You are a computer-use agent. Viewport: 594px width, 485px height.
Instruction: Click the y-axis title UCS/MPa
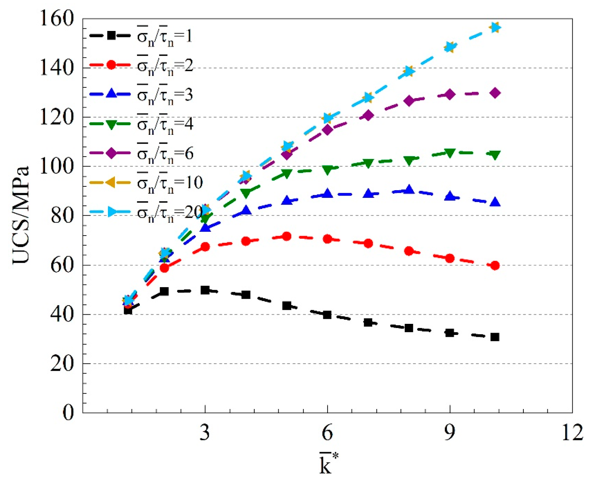(21, 215)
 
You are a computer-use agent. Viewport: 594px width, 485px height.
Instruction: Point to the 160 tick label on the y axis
(56, 19)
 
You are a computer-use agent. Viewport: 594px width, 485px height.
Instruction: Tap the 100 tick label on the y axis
(56, 167)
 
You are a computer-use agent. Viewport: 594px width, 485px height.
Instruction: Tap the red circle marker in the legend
(111, 65)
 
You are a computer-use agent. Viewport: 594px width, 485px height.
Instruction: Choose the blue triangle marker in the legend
(111, 94)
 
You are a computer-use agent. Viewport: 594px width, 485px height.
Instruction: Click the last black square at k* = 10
(495, 337)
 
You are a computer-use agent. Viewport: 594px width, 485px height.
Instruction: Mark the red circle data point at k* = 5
(287, 236)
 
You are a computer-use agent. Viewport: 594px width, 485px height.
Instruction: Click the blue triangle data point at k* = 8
(409, 189)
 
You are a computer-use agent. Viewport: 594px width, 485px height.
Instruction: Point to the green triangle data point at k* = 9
(450, 153)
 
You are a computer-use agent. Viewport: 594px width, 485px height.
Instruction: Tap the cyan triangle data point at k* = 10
(495, 27)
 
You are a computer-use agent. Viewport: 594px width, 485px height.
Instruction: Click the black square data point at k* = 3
(205, 290)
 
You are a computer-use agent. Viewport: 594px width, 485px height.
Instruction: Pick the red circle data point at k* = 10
(495, 265)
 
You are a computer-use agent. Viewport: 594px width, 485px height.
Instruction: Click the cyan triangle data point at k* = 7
(368, 97)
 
